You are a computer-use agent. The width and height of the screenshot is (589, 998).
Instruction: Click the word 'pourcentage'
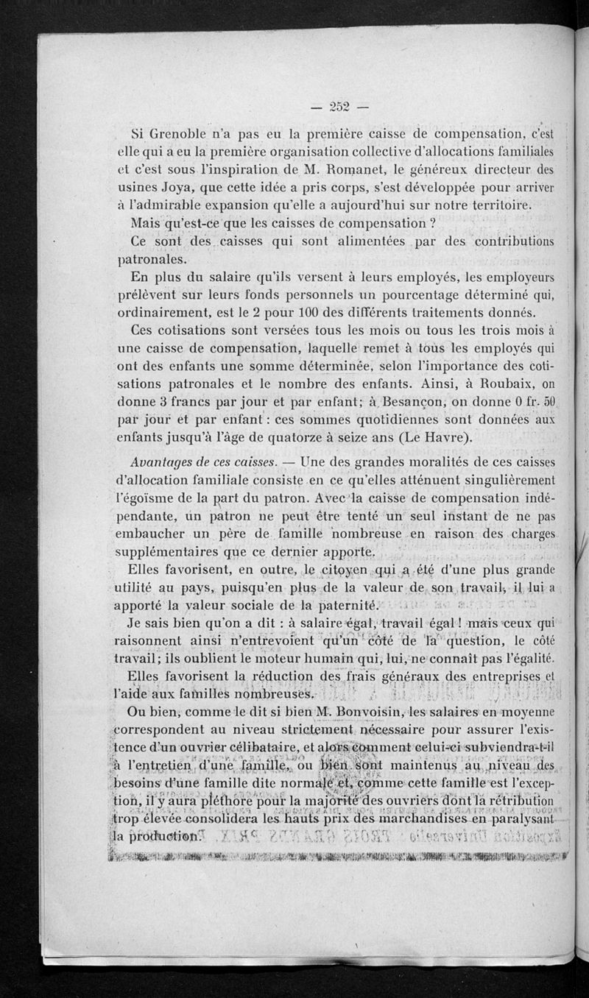coord(351,295)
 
